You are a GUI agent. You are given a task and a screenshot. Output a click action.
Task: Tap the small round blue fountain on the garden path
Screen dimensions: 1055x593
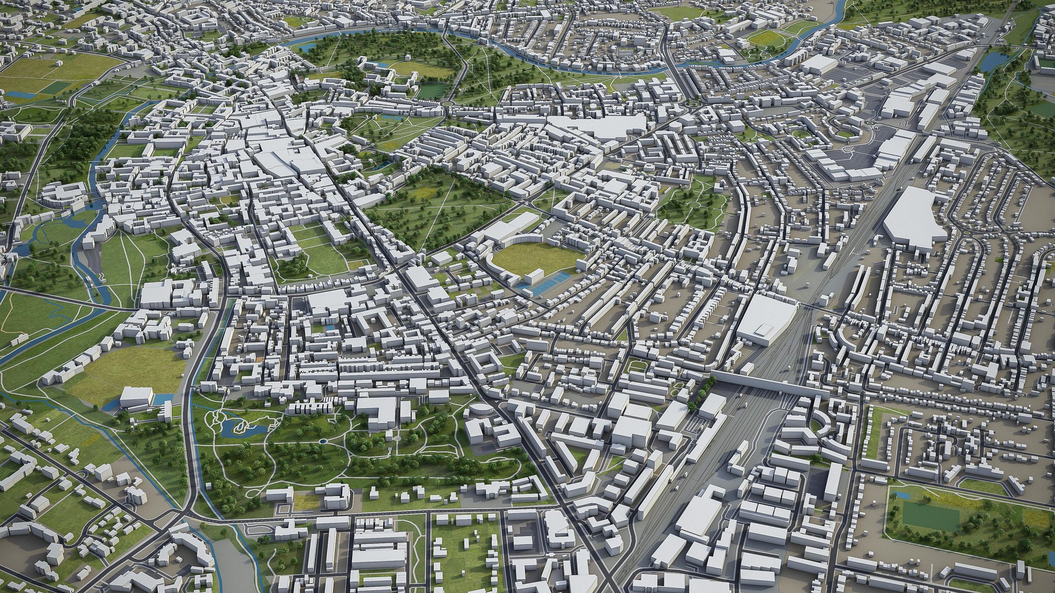tap(321, 441)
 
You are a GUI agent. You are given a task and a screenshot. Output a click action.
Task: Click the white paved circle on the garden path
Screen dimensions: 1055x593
tap(397, 438)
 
